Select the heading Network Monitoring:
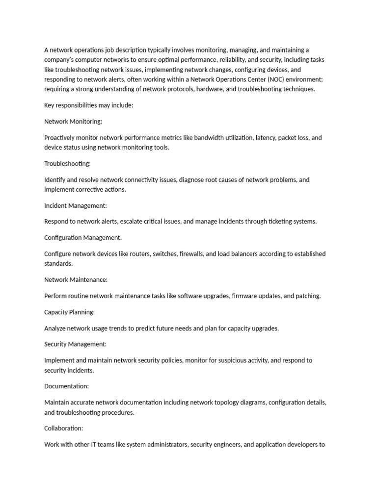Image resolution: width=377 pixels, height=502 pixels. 73,122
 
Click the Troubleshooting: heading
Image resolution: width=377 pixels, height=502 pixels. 67,164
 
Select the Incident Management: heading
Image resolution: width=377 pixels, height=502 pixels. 75,205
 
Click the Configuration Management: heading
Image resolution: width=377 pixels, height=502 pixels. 83,238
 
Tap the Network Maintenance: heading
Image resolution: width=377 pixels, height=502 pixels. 76,280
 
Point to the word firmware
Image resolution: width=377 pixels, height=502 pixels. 245,296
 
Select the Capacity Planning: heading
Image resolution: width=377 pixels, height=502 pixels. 69,312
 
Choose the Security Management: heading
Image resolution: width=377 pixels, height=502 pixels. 75,344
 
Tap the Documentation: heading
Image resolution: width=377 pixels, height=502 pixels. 66,386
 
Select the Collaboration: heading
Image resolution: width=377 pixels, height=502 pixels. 64,428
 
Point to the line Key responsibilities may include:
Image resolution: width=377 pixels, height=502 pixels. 88,105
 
